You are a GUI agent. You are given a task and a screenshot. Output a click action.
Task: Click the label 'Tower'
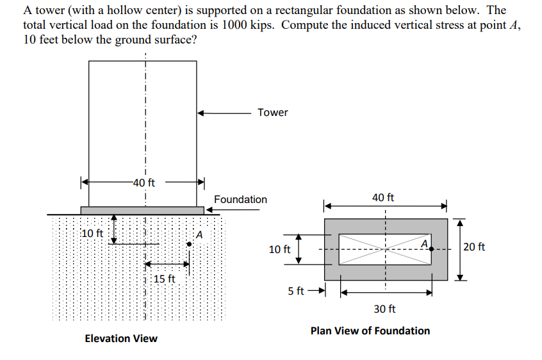point(273,113)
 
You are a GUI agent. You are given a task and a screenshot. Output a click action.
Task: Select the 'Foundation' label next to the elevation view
point(240,199)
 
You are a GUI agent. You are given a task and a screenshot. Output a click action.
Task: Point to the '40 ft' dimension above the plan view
point(383,198)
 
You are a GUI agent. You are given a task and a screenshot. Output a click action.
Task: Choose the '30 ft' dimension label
point(384,309)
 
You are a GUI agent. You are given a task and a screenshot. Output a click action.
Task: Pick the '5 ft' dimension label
point(296,291)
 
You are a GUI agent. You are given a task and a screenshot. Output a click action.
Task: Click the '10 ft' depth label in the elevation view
point(92,233)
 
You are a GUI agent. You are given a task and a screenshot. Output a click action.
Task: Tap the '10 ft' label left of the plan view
point(279,249)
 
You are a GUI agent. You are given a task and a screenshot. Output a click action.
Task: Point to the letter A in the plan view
point(424,242)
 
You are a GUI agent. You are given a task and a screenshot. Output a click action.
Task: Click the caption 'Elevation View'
point(121,338)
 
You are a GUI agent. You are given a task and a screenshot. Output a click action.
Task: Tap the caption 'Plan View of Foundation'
point(370,331)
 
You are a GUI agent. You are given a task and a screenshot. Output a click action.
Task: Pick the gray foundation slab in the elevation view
point(142,210)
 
